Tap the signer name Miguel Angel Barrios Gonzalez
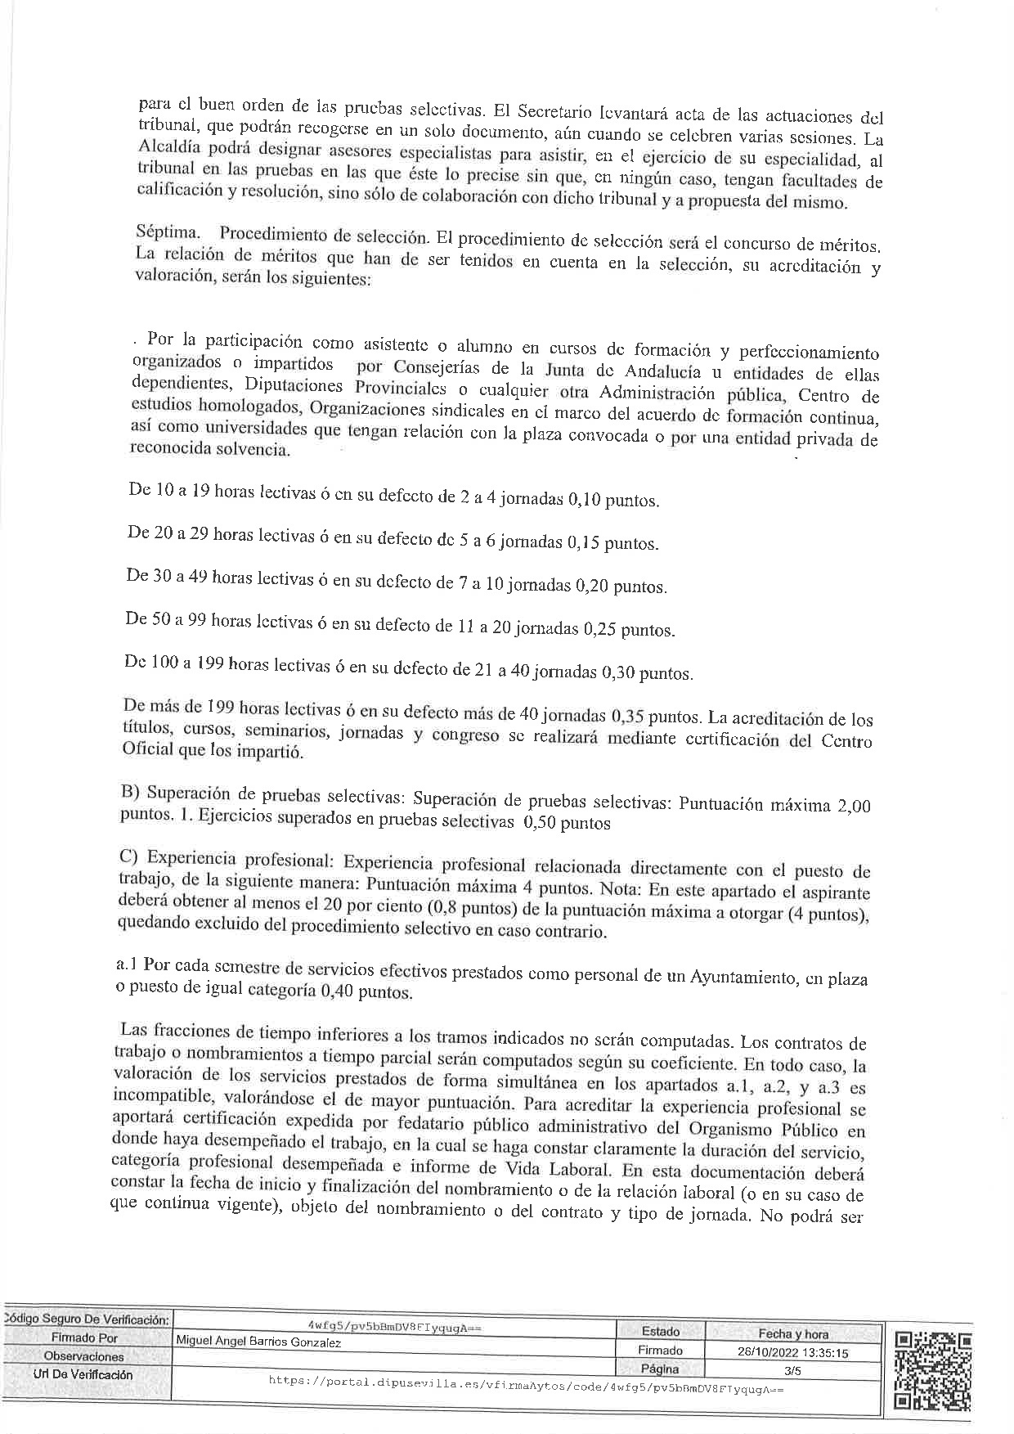point(259,1342)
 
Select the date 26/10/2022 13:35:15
point(792,1352)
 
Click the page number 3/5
point(792,1369)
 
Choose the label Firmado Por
point(85,1338)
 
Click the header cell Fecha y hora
point(792,1333)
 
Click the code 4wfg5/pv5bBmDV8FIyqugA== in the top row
point(396,1327)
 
